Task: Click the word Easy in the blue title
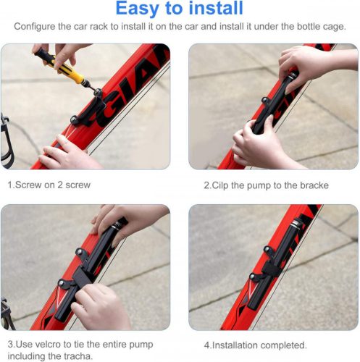137,9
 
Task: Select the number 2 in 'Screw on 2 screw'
60,185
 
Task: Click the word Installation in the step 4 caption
235,345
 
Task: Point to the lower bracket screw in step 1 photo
74,119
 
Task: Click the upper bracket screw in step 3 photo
79,251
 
